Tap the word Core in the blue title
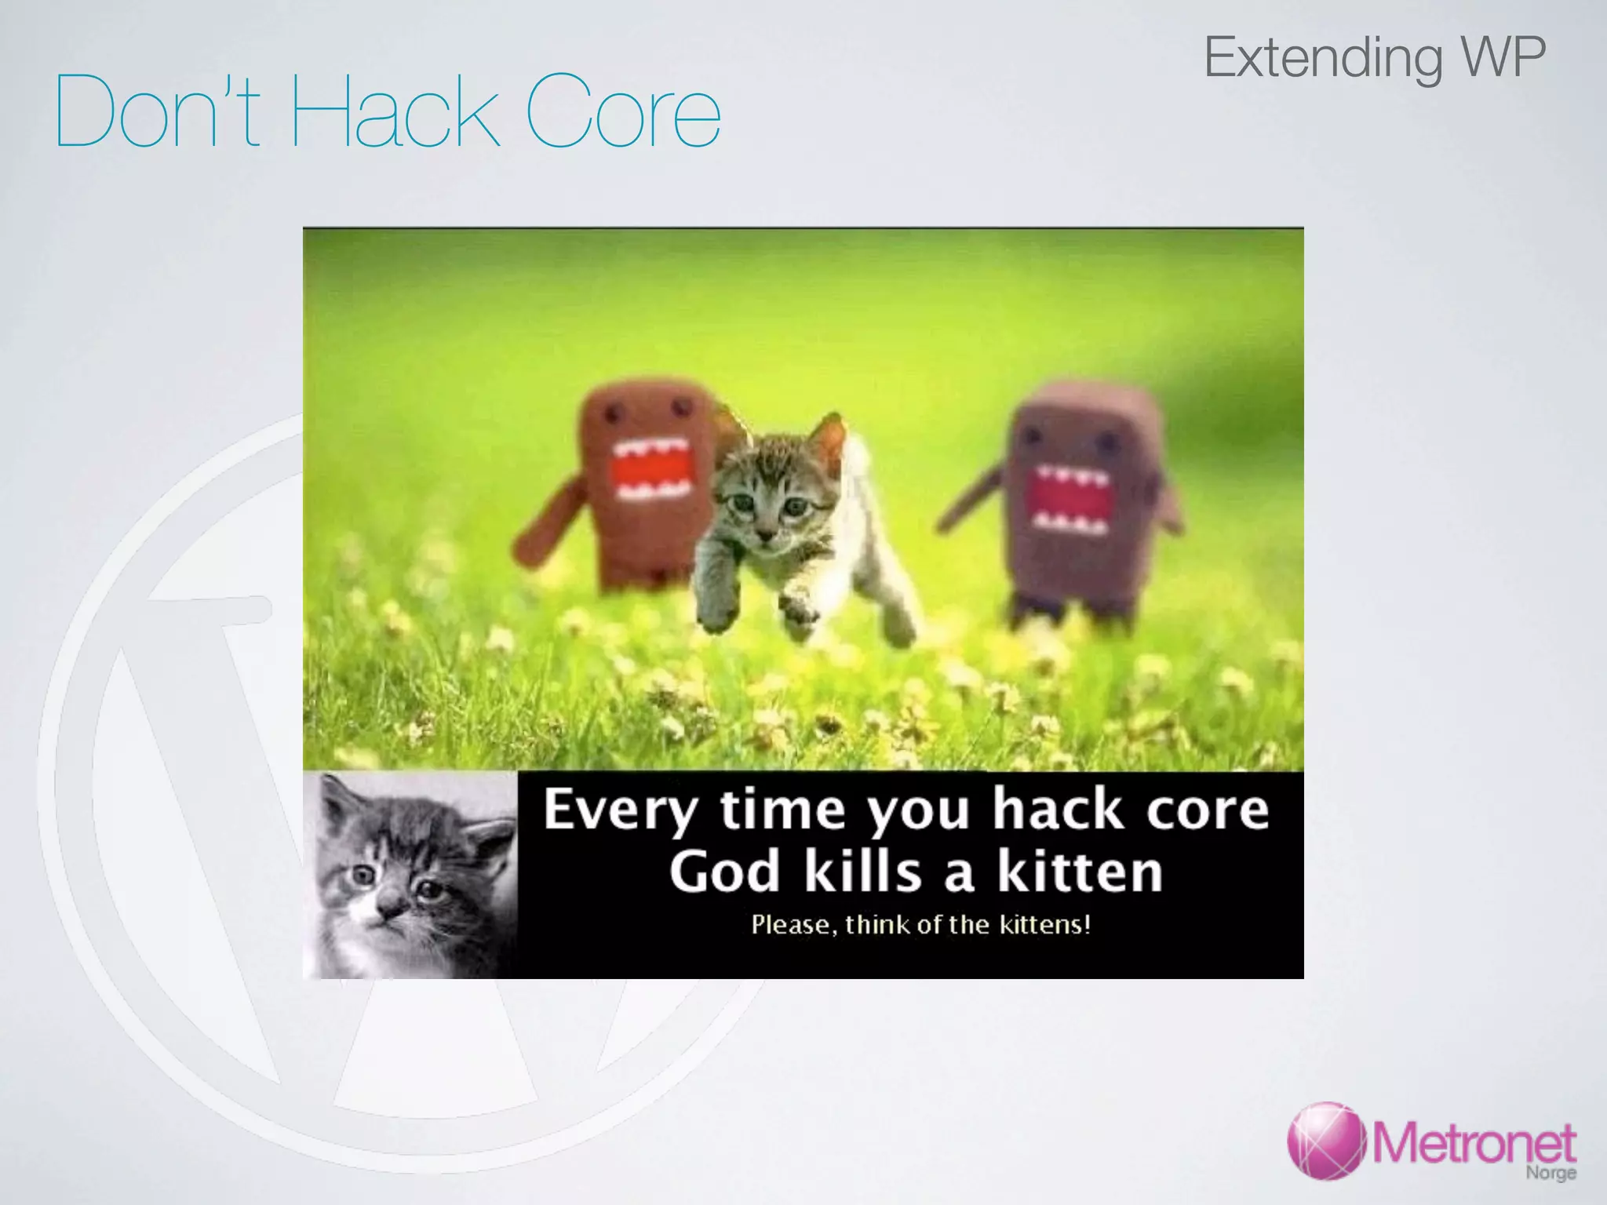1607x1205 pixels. (623, 112)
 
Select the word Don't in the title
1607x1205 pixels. (157, 112)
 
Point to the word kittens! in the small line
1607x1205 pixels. (1044, 925)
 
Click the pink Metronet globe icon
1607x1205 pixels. (1327, 1141)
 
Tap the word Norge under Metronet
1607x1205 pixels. (1551, 1173)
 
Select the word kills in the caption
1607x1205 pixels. (862, 872)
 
